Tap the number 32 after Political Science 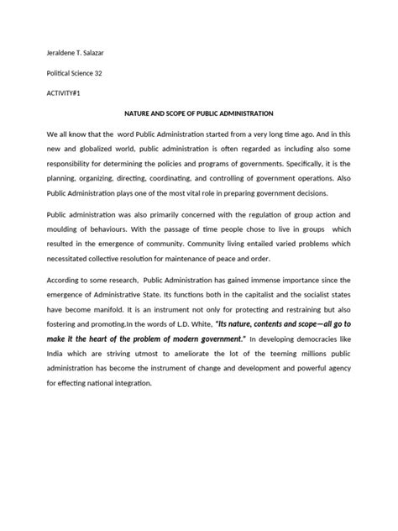click(108, 75)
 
